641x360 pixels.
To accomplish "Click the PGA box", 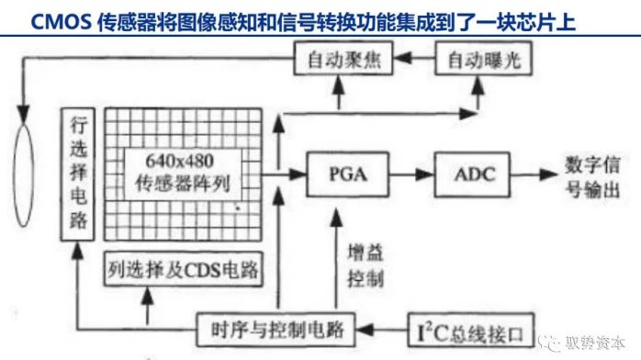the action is click(x=347, y=174).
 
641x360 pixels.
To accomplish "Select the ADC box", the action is click(x=472, y=174).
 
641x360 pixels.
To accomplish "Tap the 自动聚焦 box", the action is click(x=343, y=59).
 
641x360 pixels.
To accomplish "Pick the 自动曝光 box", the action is click(x=484, y=59).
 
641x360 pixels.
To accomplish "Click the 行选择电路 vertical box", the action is click(x=78, y=174).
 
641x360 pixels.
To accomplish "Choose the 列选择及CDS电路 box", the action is click(x=183, y=269).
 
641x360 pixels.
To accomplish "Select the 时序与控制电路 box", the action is click(x=276, y=330).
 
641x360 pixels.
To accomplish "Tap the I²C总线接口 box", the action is click(x=471, y=331).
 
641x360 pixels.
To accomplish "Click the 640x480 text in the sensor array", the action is click(x=180, y=161).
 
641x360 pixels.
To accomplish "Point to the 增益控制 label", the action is click(x=365, y=265).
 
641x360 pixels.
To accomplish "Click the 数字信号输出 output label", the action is click(x=592, y=176).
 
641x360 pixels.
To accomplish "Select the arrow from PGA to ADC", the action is click(x=411, y=174).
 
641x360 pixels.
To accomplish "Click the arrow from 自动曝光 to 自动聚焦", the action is click(x=414, y=58).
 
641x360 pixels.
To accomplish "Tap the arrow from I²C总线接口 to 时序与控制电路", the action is click(x=382, y=330).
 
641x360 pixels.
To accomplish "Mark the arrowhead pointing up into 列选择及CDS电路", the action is click(x=147, y=296).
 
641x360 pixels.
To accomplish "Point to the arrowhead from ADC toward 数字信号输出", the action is click(x=548, y=174).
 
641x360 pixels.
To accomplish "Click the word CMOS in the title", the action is click(x=61, y=22).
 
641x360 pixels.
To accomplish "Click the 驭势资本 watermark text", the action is click(x=595, y=343).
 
